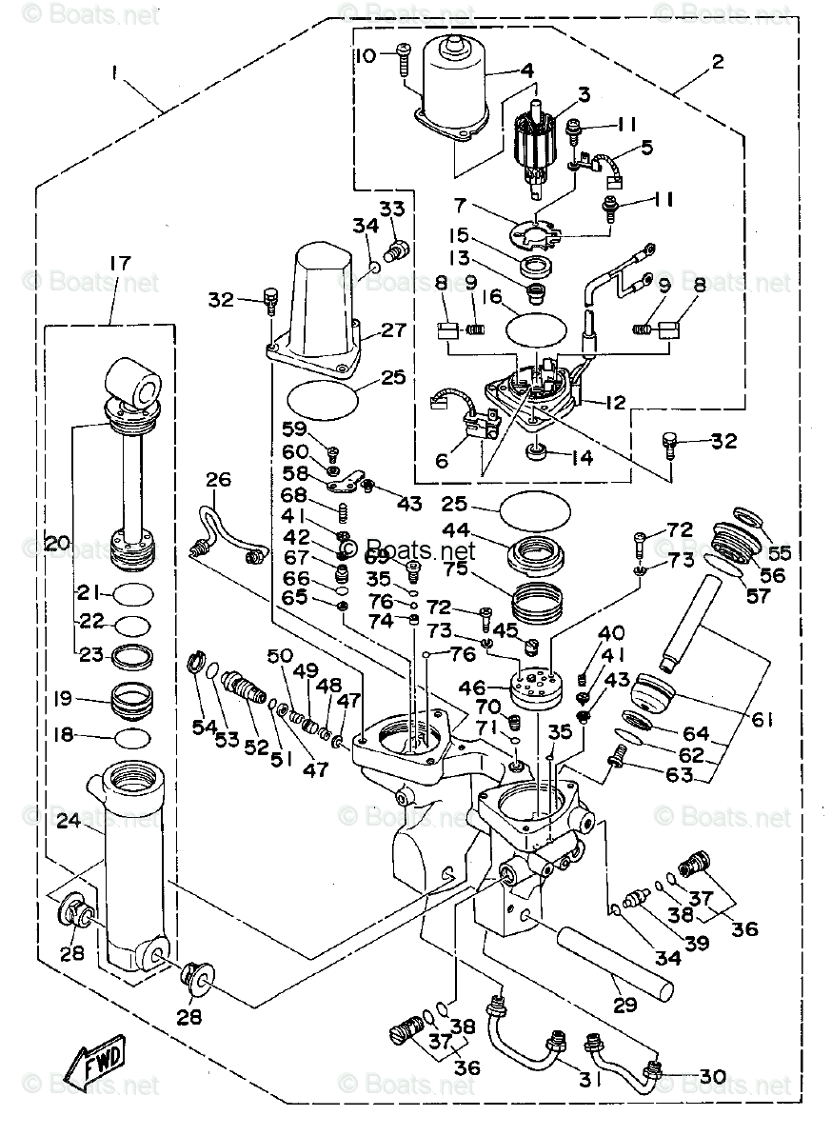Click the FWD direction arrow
click(x=95, y=1058)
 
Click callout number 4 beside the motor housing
click(x=525, y=70)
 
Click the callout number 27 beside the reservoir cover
click(x=392, y=330)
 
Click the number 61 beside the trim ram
click(x=762, y=720)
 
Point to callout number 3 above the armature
click(x=583, y=94)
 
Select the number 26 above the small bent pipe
click(x=217, y=479)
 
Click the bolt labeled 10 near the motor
click(x=402, y=57)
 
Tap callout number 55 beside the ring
click(x=779, y=551)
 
